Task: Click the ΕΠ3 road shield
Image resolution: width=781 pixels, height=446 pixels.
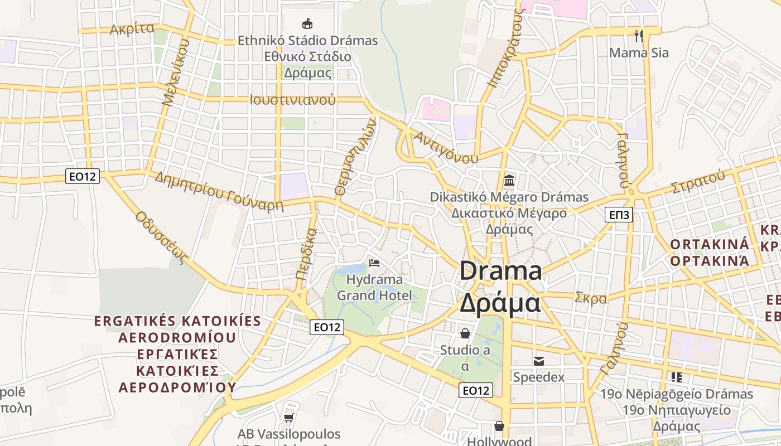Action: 619,215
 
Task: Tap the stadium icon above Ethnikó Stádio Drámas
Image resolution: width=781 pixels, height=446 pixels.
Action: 307,23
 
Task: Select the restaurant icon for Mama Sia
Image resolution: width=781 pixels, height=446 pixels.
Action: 639,36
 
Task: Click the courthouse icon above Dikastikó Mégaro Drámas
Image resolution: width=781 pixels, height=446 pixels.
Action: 509,181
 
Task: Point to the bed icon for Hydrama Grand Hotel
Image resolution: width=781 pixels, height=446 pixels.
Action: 374,263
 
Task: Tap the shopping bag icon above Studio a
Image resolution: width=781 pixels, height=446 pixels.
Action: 465,333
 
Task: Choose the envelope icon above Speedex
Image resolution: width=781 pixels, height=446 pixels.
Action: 538,361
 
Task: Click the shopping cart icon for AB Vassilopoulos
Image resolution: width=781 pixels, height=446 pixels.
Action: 288,417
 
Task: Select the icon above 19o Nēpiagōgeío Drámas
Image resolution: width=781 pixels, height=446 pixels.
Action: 677,377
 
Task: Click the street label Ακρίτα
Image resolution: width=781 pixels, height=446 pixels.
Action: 132,29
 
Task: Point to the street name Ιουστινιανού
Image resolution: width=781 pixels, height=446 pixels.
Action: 293,100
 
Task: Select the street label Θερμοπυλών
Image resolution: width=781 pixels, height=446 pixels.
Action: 356,159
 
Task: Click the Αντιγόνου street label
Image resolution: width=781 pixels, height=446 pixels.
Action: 446,148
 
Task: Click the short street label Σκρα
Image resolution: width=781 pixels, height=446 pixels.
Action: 591,298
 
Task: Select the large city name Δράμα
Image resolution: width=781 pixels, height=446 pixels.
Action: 500,303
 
